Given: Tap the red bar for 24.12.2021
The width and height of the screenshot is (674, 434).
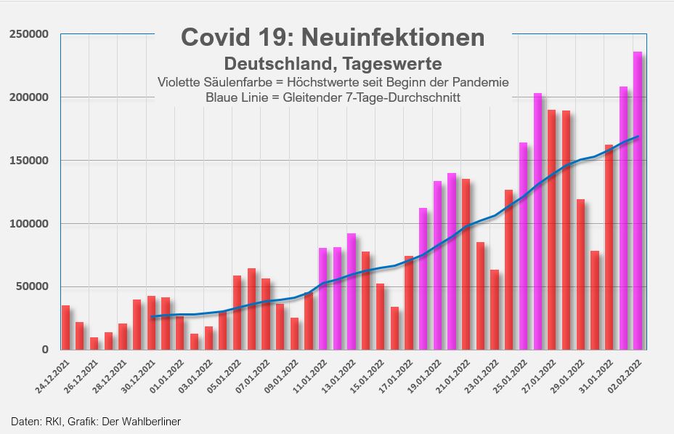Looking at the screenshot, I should [x=65, y=327].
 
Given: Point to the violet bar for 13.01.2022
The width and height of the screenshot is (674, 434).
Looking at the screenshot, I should [x=352, y=291].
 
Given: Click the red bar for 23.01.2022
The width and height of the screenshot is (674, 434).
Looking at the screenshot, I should [x=495, y=309].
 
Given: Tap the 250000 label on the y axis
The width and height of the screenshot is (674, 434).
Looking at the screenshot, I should [x=28, y=34].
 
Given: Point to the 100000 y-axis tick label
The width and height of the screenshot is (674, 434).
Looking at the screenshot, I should [x=28, y=223].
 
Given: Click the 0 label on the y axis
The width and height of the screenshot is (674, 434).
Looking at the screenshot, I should [x=45, y=350].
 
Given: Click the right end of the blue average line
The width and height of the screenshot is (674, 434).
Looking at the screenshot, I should [x=638, y=137].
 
